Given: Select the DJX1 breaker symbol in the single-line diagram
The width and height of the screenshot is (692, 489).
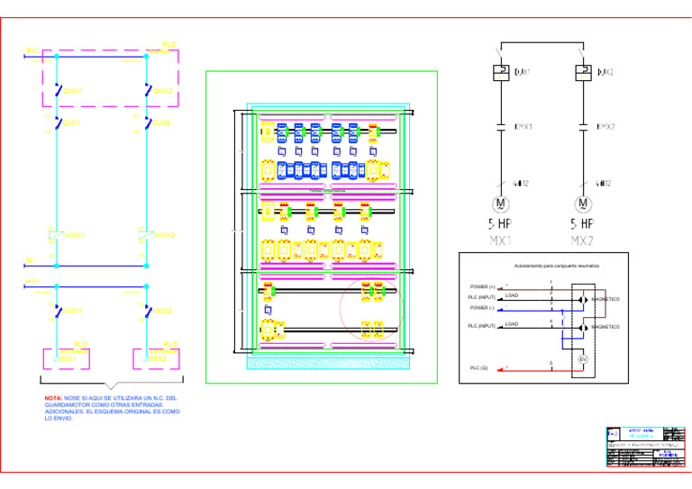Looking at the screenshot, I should click(x=500, y=72).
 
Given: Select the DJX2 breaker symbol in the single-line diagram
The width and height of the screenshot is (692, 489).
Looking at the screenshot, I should click(x=582, y=72).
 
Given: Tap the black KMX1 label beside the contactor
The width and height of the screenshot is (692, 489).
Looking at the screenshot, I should click(x=523, y=127).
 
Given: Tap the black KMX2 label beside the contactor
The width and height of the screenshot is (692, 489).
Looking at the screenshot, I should click(x=605, y=127).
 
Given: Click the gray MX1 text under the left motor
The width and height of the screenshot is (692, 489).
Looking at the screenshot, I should click(x=500, y=241).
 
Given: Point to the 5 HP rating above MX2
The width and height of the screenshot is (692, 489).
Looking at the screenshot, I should click(x=582, y=223).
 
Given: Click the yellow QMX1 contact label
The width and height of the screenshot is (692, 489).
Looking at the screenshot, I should click(x=73, y=91).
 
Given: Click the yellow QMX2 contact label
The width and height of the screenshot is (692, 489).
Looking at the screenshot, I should click(x=163, y=91).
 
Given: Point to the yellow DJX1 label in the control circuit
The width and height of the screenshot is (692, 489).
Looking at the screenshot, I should click(x=72, y=122).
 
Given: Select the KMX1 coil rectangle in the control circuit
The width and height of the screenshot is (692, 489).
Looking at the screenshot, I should click(x=53, y=236).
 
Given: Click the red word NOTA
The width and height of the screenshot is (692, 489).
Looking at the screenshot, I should click(x=53, y=397).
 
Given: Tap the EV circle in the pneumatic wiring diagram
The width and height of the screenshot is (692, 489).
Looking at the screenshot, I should click(x=582, y=359).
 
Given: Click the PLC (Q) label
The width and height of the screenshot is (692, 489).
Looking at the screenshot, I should click(x=478, y=367).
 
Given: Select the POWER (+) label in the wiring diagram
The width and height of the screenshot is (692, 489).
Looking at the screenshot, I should click(x=482, y=286).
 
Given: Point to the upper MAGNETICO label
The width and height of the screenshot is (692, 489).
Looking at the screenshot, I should click(x=605, y=298).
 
